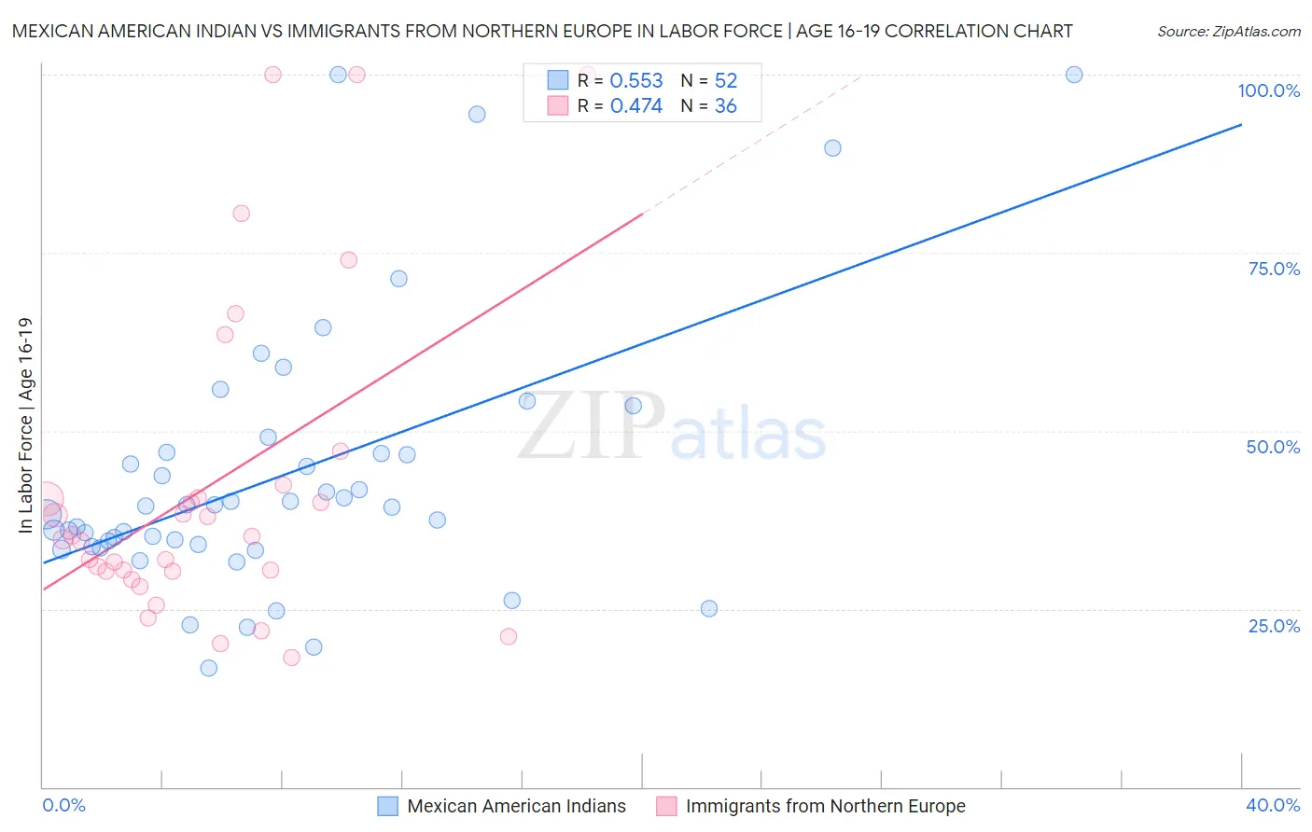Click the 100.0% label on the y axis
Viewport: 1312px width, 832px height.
coord(1268,90)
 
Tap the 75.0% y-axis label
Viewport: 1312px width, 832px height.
coord(1274,269)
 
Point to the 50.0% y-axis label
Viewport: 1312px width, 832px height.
coord(1273,447)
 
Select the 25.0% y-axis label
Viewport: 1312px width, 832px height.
coord(1274,626)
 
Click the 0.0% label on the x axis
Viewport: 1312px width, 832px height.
coord(64,805)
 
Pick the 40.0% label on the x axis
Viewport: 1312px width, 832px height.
coord(1273,805)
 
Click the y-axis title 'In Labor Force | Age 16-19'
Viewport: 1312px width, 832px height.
coord(25,425)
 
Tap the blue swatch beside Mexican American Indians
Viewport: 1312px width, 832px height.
coord(388,806)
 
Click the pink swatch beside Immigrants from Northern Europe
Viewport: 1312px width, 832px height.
coord(666,806)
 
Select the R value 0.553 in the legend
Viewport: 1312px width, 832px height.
coord(636,81)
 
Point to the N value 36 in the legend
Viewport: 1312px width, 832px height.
coord(725,106)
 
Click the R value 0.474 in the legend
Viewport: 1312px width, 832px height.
coord(636,106)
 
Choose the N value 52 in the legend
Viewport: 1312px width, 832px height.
coord(725,81)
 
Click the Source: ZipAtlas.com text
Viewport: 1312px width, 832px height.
coord(1228,32)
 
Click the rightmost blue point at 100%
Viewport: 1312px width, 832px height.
coord(1074,75)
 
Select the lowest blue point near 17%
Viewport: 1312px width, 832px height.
coord(209,668)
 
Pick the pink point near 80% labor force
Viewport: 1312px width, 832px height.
coord(242,214)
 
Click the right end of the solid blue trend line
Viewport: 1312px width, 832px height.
coord(1241,124)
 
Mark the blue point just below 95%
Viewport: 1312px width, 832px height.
coord(477,114)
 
